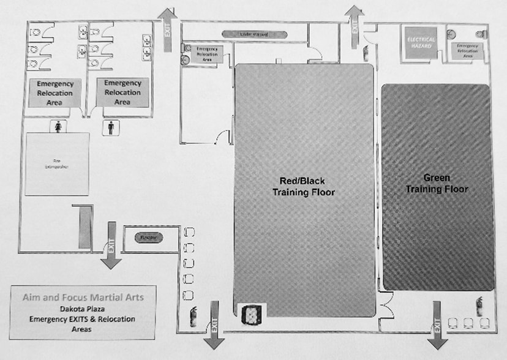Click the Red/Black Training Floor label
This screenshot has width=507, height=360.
click(x=304, y=186)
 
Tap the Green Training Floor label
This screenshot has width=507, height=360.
click(x=437, y=184)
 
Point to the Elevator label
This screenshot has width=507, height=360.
click(x=145, y=237)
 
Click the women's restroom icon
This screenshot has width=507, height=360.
click(x=58, y=126)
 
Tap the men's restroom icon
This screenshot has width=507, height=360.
click(x=111, y=127)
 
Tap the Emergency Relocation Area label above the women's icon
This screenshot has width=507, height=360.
click(x=54, y=93)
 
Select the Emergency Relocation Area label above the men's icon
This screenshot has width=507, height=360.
click(x=122, y=92)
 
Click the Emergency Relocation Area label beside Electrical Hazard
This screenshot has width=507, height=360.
click(x=467, y=51)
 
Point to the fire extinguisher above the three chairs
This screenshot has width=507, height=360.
click(x=479, y=304)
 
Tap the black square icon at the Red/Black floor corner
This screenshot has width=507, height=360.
click(x=249, y=313)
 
